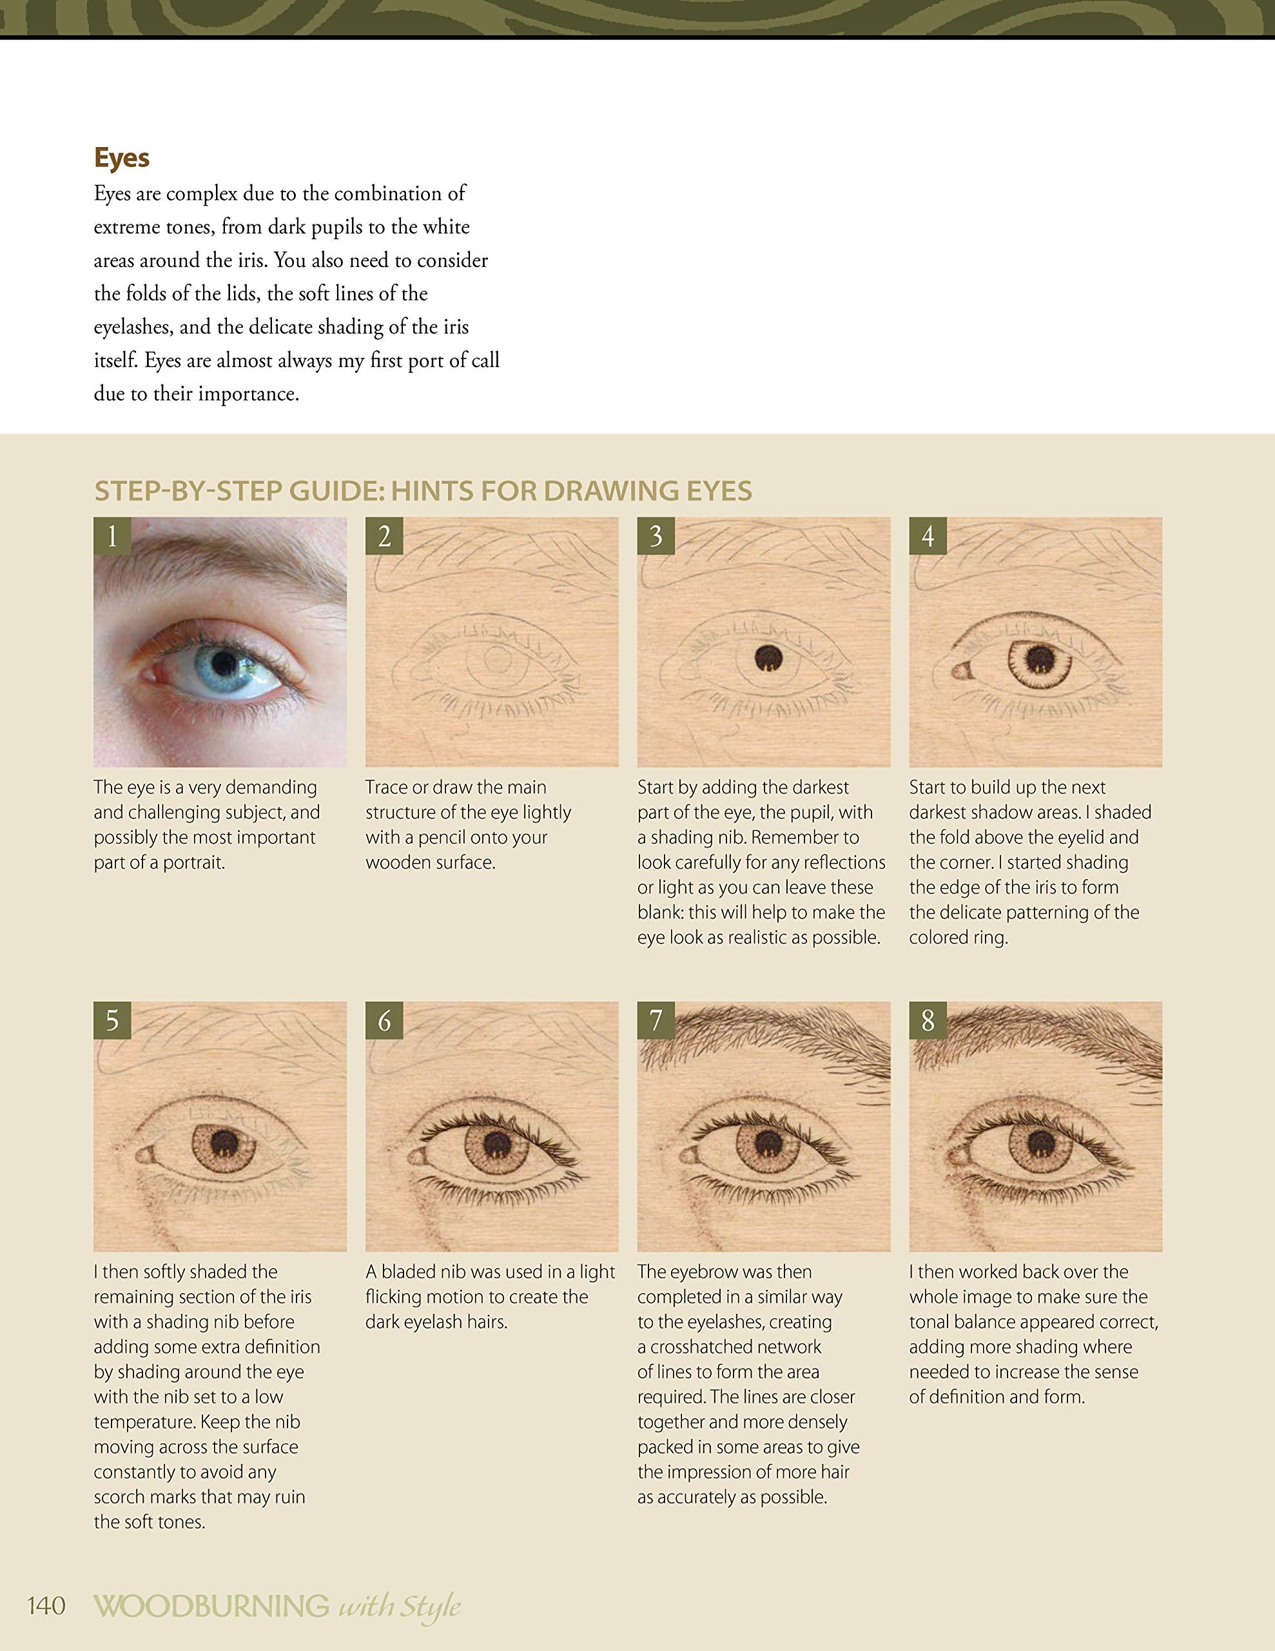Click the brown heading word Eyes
122,157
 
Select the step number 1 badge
113,536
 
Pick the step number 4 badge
928,536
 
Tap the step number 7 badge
656,1020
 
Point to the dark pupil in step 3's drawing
768,658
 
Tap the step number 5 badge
113,1020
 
